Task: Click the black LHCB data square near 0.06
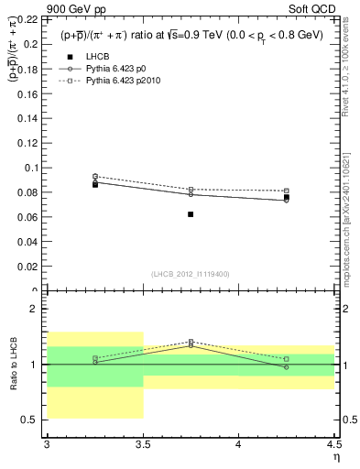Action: point(191,214)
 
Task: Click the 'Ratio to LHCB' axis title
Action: point(13,365)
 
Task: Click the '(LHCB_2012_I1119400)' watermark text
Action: point(191,274)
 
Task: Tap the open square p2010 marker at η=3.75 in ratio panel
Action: point(191,342)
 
